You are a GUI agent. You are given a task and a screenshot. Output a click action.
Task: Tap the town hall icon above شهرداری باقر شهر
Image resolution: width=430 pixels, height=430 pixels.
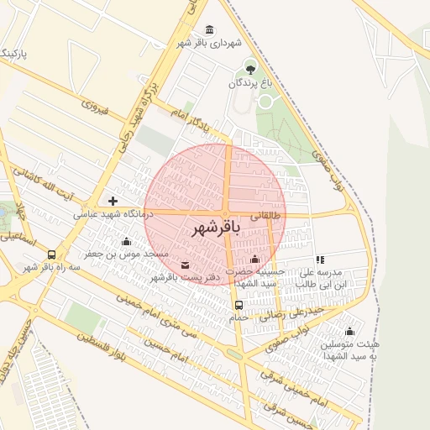point(209,30)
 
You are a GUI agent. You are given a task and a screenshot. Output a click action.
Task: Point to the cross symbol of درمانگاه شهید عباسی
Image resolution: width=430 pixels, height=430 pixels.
point(113,201)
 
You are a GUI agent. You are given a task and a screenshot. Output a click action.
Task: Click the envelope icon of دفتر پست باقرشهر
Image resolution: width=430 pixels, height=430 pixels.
point(185,265)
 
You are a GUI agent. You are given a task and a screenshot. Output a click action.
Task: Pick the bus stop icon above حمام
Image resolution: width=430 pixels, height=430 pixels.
point(239,305)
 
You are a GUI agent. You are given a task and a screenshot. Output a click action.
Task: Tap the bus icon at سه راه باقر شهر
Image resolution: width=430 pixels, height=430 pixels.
point(52,254)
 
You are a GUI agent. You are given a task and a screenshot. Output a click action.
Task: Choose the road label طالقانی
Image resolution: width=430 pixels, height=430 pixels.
point(270,216)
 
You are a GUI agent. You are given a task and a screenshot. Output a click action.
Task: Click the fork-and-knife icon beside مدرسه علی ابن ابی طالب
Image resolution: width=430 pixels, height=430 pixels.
point(319,260)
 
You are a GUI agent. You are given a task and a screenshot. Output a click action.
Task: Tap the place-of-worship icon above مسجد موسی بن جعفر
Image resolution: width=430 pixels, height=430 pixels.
point(126,241)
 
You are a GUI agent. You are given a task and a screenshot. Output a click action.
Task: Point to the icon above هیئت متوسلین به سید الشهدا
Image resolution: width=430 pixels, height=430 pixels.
point(349,331)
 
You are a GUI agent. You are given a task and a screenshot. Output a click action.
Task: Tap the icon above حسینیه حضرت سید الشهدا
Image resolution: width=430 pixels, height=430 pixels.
point(254,259)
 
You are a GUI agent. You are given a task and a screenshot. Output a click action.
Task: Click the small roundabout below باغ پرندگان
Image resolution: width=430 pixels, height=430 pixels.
point(265,102)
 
